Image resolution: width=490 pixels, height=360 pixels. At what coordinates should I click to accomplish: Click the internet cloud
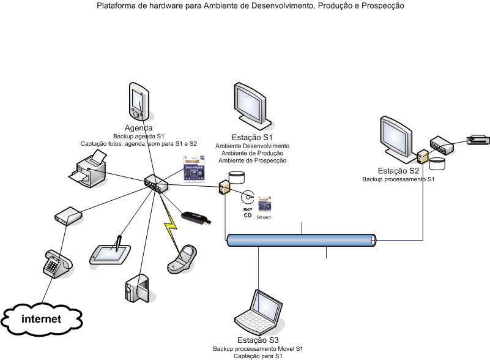click(42, 319)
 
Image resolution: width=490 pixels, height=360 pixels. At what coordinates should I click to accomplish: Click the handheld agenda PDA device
click(139, 102)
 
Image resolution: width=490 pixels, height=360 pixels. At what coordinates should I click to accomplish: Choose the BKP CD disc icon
click(248, 197)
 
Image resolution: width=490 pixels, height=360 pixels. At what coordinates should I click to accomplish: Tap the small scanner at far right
click(477, 140)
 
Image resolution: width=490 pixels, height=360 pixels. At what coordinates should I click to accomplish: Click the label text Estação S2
click(398, 171)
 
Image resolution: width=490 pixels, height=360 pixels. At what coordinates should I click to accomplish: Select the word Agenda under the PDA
click(139, 128)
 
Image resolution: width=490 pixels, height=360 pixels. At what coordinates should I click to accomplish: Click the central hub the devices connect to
click(155, 183)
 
